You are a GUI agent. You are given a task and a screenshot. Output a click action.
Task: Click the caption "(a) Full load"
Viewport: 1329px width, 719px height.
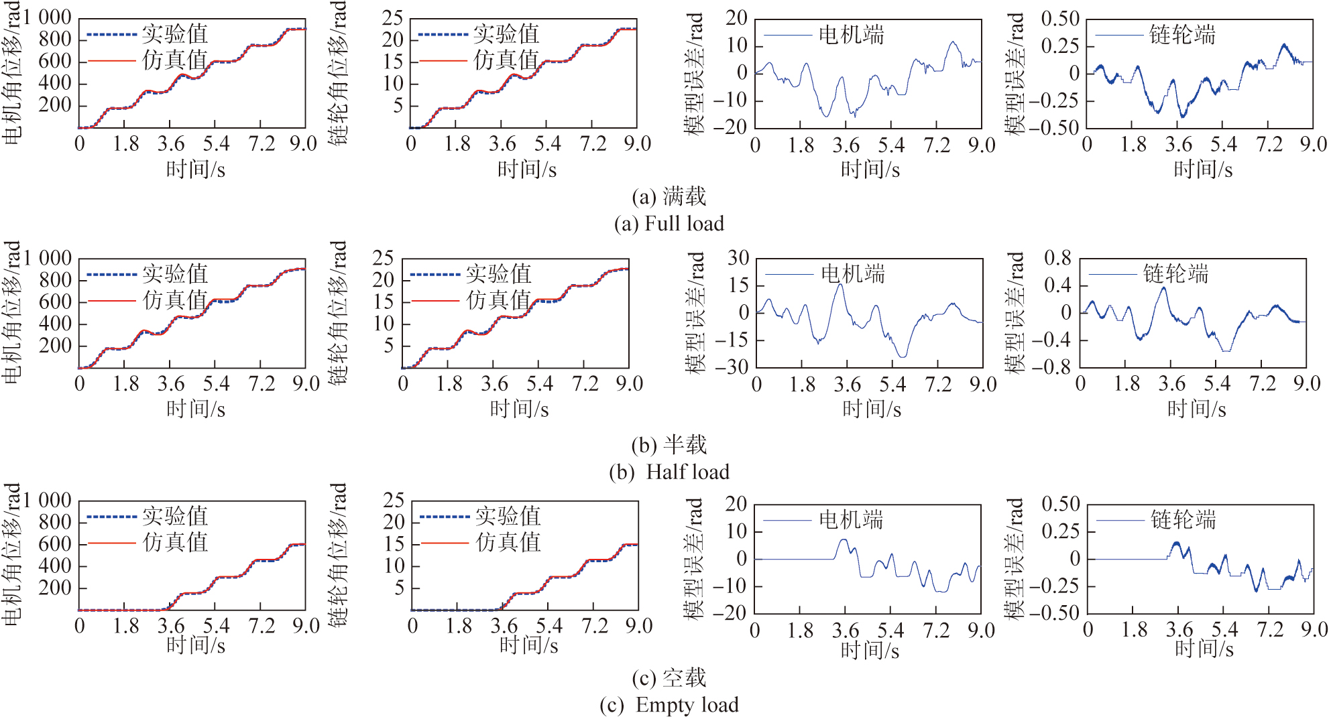pyautogui.click(x=669, y=223)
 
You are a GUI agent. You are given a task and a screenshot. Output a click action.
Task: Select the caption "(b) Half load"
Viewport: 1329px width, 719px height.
pyautogui.click(x=669, y=472)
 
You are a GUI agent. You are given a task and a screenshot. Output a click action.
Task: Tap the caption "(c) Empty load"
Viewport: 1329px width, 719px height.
pyautogui.click(x=669, y=705)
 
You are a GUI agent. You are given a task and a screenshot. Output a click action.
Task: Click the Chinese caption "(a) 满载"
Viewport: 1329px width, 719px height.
pyautogui.click(x=669, y=196)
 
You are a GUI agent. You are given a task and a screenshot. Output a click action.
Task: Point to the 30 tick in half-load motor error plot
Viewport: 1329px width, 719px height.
pyautogui.click(x=738, y=258)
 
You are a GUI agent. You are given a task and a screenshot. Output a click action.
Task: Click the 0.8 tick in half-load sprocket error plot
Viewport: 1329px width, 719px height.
pyautogui.click(x=1057, y=258)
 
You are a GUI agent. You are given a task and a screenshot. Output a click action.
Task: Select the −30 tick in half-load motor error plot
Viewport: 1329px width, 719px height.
pyautogui.click(x=731, y=367)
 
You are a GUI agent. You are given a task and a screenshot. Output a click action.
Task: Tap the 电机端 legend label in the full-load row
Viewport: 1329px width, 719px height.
pyautogui.click(x=851, y=34)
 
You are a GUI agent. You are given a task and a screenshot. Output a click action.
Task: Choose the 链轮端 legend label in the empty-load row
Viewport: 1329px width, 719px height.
pyautogui.click(x=1183, y=519)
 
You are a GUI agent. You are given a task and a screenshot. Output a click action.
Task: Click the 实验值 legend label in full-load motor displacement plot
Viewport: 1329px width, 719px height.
pyautogui.click(x=174, y=34)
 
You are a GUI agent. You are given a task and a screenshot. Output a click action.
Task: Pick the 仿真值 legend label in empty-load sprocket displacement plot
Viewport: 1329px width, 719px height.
pyautogui.click(x=508, y=542)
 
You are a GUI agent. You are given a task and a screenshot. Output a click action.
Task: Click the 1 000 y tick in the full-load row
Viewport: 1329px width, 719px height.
pyautogui.click(x=47, y=17)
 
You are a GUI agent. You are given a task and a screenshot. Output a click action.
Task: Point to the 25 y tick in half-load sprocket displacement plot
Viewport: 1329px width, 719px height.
pyautogui.click(x=383, y=258)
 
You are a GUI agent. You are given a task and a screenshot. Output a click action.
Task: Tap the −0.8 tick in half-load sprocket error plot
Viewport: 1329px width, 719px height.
pyautogui.click(x=1051, y=367)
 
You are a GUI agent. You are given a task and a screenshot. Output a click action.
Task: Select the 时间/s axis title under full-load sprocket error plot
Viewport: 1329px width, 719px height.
pyautogui.click(x=1203, y=170)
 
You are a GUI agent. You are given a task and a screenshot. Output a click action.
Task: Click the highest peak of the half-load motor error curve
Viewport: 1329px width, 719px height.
pyautogui.click(x=840, y=285)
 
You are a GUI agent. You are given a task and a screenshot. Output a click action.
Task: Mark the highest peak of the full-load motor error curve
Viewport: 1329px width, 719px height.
pyautogui.click(x=953, y=42)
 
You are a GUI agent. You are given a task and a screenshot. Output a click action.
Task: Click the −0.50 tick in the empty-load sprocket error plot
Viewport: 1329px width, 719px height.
pyautogui.click(x=1054, y=613)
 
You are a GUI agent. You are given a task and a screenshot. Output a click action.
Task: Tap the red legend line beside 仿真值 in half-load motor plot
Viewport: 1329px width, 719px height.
pyautogui.click(x=111, y=301)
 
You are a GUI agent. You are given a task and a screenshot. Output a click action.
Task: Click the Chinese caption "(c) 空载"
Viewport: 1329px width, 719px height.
pyautogui.click(x=669, y=678)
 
